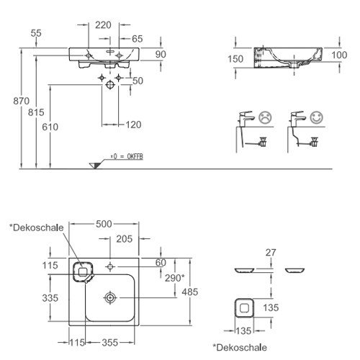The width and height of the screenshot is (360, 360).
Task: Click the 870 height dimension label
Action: (x=21, y=101)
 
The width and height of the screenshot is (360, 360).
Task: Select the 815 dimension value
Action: (x=36, y=112)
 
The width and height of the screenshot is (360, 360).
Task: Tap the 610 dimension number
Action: (x=50, y=127)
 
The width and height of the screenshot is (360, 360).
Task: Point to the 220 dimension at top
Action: (x=103, y=25)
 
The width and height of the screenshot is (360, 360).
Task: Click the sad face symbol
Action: (x=265, y=117)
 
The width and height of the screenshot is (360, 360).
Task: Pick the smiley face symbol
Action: (x=316, y=117)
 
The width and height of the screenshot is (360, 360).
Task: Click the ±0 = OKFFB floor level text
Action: (x=127, y=157)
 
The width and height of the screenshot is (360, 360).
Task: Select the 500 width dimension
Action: (x=104, y=224)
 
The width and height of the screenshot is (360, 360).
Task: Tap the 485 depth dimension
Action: (x=190, y=292)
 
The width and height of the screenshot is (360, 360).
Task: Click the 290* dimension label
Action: (x=175, y=278)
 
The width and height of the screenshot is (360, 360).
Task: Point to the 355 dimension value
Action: (x=110, y=343)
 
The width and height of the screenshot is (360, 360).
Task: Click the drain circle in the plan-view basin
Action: (x=110, y=298)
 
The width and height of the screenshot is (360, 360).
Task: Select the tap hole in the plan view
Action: (x=110, y=266)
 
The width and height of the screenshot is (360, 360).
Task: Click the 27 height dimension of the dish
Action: (x=271, y=253)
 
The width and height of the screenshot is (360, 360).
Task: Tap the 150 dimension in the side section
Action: (x=235, y=59)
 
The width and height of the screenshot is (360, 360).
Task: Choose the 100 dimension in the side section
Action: (x=339, y=55)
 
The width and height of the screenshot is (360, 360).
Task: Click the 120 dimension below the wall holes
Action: (x=133, y=125)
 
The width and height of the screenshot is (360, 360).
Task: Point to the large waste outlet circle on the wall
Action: (x=110, y=85)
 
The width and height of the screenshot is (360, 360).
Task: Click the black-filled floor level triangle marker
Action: (x=96, y=166)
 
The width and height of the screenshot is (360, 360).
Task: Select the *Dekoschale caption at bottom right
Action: (x=240, y=347)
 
